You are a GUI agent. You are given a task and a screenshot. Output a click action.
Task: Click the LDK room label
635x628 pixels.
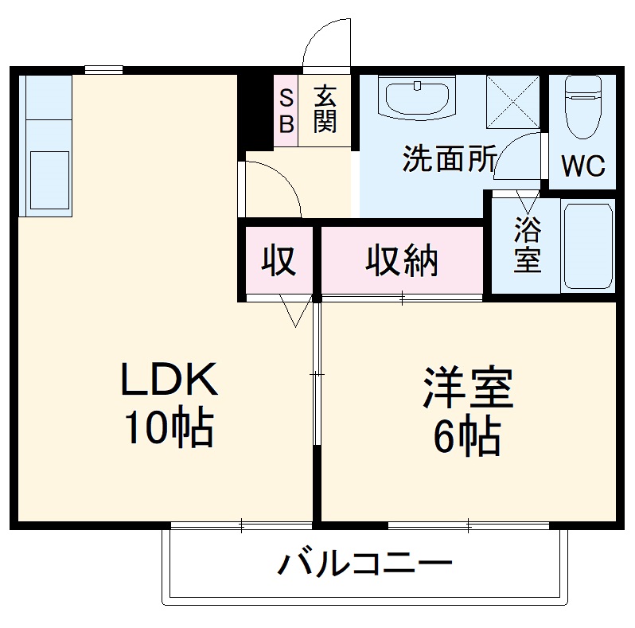click(168, 380)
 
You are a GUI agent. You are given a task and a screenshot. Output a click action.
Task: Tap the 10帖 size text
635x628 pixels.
click(168, 430)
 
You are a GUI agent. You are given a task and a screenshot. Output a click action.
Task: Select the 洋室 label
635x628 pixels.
click(468, 388)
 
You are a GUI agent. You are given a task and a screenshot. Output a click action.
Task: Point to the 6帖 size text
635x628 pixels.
click(468, 436)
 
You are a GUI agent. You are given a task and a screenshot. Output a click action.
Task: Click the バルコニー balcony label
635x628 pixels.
click(365, 566)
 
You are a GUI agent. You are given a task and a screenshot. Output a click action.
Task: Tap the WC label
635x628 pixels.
click(583, 166)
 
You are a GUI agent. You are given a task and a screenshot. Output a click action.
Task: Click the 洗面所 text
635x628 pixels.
click(449, 159)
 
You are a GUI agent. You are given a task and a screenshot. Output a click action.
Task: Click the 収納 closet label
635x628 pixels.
click(402, 261)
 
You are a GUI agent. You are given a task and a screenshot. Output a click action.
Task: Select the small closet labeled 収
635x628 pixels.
click(279, 261)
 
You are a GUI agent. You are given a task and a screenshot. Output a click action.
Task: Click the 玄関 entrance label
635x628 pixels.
click(325, 111)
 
